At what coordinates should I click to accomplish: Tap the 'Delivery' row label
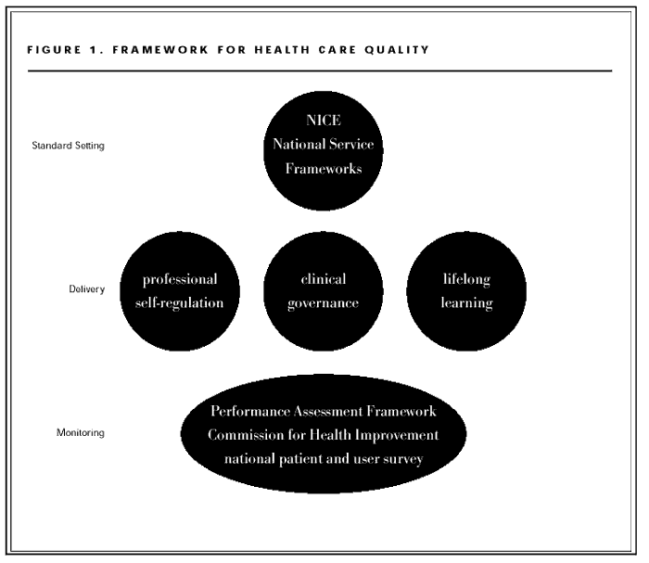[x=85, y=289]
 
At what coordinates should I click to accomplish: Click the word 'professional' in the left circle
[x=181, y=279]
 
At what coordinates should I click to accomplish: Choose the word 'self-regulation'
[x=181, y=303]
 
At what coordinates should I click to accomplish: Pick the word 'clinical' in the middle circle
[x=324, y=279]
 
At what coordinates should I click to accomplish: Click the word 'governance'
[x=324, y=303]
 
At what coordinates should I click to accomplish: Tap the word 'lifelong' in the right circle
[x=466, y=279]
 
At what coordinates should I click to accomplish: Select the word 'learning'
[x=466, y=303]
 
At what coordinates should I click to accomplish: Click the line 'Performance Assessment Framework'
[x=323, y=412]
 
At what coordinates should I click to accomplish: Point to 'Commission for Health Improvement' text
[x=323, y=435]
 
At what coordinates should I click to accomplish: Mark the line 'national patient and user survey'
[x=323, y=458]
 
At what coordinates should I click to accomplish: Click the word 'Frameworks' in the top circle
[x=323, y=170]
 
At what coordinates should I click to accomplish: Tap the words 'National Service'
[x=323, y=147]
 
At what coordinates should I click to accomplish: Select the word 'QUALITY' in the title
[x=401, y=50]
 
